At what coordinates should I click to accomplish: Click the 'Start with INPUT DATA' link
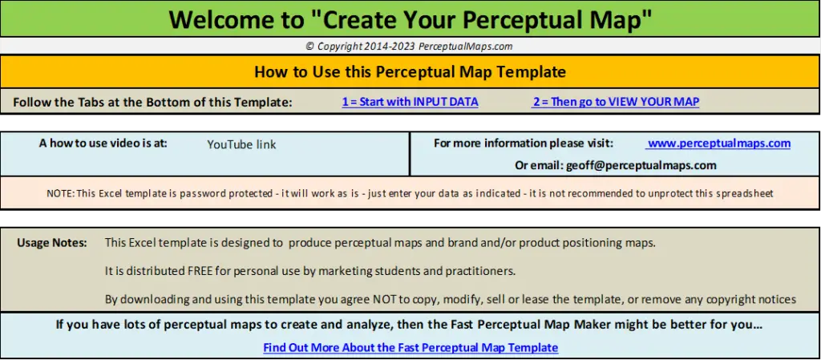click(x=410, y=102)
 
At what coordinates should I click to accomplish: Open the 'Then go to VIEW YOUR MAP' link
click(x=615, y=102)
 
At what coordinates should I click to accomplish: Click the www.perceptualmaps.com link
click(x=718, y=144)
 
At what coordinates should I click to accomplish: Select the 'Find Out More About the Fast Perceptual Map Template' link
click(x=410, y=347)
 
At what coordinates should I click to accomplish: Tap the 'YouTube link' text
click(x=241, y=145)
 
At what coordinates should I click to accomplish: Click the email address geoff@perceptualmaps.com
click(x=641, y=166)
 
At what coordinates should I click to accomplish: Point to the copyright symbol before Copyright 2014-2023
click(x=310, y=46)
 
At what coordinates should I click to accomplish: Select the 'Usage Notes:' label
click(x=52, y=243)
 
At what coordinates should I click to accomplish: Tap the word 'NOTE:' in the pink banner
click(x=61, y=193)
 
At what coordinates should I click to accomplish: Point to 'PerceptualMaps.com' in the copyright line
click(x=466, y=46)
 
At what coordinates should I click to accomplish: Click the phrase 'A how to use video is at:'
click(x=103, y=143)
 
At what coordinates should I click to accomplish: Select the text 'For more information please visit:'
click(x=523, y=144)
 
